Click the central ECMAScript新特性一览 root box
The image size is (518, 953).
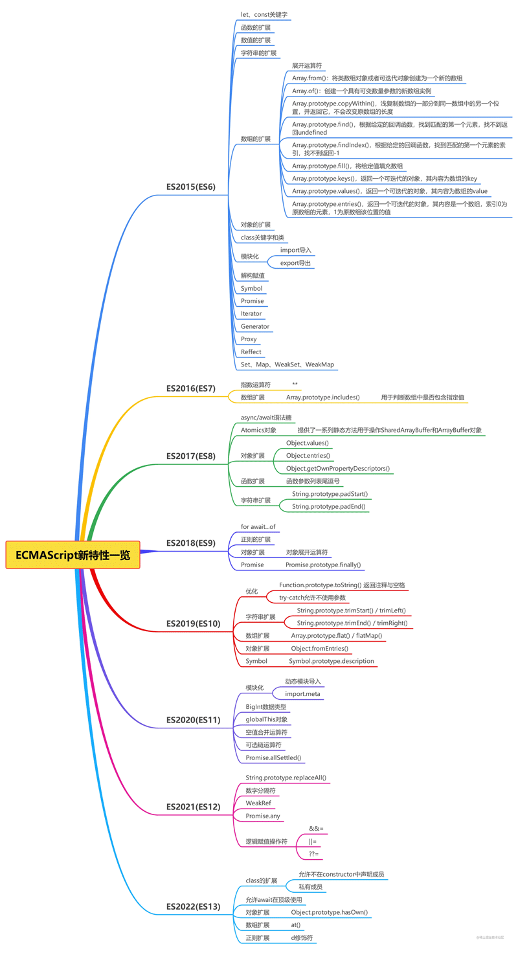tap(73, 555)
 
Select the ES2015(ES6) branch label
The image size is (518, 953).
tap(190, 187)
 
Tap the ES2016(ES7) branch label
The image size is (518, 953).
tap(190, 388)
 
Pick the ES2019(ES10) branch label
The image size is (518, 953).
tap(193, 623)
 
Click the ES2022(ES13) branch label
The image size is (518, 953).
tap(193, 907)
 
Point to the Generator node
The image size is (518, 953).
tap(255, 326)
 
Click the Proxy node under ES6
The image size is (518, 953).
tap(249, 339)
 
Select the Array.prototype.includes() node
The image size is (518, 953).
tap(323, 397)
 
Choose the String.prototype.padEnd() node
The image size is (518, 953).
tap(328, 506)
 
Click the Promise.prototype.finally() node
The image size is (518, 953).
tap(323, 565)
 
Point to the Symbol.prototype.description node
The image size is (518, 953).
tap(332, 661)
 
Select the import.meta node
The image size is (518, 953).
tap(303, 694)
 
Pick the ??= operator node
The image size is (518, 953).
tap(313, 854)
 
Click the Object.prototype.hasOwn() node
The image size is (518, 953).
tap(329, 912)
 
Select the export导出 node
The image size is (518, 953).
tap(295, 263)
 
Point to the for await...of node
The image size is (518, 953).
tap(258, 526)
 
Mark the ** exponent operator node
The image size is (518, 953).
tap(295, 384)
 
